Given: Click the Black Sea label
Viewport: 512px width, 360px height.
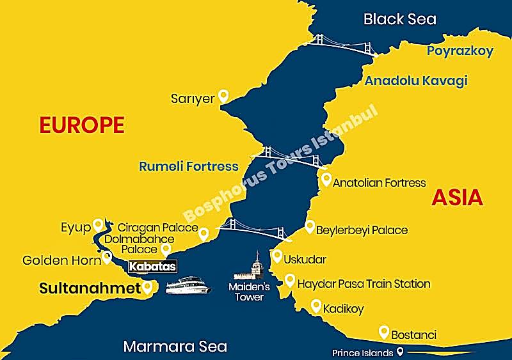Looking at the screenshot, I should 399,19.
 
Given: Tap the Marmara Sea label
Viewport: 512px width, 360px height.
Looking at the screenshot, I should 175,347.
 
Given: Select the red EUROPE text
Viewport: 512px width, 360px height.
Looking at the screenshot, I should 81,125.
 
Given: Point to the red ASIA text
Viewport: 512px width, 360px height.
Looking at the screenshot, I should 457,198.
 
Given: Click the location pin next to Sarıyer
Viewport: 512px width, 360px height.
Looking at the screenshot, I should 223,96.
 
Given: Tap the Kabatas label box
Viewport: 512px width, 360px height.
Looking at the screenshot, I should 152,266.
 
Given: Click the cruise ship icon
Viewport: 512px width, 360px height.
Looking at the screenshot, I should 188,285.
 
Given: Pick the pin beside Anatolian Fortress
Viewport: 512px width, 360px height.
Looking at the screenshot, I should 326,180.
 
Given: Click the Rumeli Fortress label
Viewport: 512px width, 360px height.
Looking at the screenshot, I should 188,166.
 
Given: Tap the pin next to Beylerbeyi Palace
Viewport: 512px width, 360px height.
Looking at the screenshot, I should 310,226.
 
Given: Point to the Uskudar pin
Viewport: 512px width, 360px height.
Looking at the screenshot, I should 276,256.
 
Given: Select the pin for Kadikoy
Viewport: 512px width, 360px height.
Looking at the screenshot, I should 315,306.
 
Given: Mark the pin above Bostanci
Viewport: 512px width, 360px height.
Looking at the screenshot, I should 383,332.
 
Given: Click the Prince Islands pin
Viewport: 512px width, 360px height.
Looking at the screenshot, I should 400,352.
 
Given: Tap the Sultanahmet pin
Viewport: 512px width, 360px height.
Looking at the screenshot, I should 148,287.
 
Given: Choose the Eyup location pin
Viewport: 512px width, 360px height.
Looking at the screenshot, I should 98,224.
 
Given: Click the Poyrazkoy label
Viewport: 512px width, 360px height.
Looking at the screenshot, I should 460,51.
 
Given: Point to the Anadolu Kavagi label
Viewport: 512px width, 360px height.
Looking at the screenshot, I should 415,81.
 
